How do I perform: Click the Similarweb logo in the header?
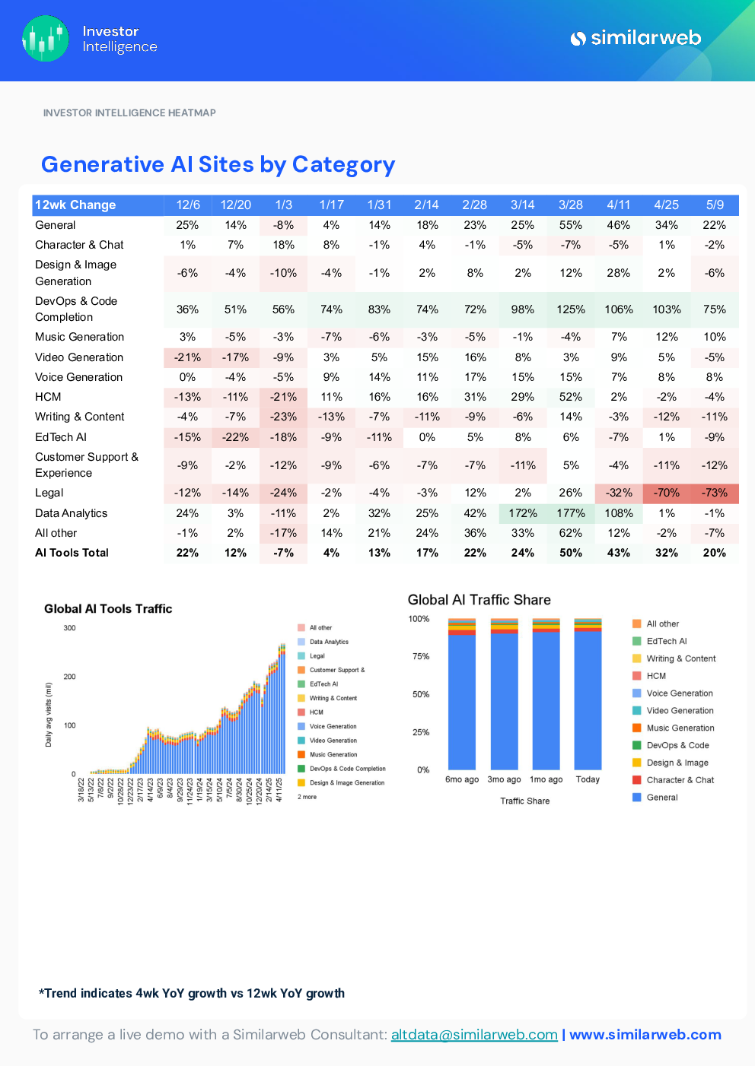pos(636,38)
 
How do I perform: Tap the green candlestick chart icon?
pos(46,39)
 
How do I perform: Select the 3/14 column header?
pos(522,205)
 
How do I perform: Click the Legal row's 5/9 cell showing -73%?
pos(714,493)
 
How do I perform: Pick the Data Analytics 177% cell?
pos(570,513)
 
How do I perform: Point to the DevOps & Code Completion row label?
pos(76,309)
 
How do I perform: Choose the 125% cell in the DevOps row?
pos(570,309)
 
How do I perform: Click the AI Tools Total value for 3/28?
pos(570,553)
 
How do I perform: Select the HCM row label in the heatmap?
pos(48,397)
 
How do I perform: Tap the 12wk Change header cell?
pos(75,205)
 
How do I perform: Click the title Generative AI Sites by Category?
pos(218,165)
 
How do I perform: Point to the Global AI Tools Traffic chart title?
pos(108,609)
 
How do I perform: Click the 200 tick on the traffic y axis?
pos(70,677)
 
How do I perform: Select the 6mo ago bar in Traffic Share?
pos(462,700)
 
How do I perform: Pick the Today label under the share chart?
pos(588,779)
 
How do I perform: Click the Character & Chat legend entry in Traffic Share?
pos(680,780)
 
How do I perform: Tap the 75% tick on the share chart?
pos(421,656)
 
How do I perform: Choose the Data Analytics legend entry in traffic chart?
pos(328,642)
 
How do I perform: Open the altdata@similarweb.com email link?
pos(474,1035)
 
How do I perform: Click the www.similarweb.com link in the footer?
pos(645,1035)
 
